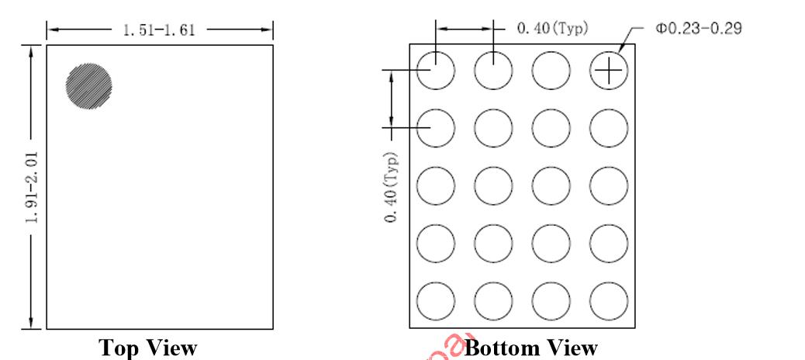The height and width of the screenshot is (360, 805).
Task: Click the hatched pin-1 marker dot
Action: click(x=89, y=85)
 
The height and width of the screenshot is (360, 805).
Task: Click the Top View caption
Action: click(x=148, y=348)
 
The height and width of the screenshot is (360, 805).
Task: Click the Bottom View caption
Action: click(x=531, y=348)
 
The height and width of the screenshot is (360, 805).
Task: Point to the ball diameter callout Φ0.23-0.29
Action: click(x=699, y=29)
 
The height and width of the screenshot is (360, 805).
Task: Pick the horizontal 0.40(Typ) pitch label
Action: click(x=552, y=29)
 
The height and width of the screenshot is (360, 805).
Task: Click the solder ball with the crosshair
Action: click(x=609, y=71)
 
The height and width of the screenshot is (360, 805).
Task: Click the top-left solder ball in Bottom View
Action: click(x=435, y=71)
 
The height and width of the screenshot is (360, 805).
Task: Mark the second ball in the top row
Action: click(x=493, y=71)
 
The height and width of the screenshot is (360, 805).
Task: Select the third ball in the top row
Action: click(x=551, y=71)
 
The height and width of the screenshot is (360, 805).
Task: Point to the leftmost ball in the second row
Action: click(x=435, y=128)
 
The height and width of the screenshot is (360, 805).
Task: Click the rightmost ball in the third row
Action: click(x=609, y=185)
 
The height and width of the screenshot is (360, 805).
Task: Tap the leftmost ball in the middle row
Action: click(x=435, y=185)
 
